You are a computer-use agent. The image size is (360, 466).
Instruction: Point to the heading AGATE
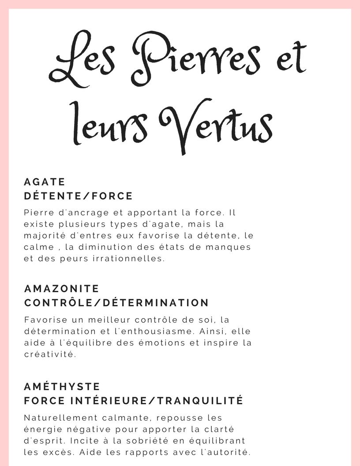[45, 182]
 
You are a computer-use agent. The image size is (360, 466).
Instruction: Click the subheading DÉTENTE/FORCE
[78, 195]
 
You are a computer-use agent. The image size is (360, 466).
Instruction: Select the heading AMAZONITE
[62, 289]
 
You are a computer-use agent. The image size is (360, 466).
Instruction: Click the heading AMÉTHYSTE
[62, 387]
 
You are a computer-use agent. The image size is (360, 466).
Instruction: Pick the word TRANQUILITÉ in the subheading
[200, 401]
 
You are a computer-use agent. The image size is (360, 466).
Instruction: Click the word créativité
[50, 354]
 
